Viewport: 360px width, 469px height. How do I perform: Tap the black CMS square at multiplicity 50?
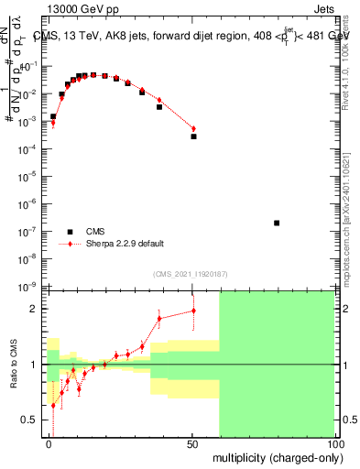[193, 136]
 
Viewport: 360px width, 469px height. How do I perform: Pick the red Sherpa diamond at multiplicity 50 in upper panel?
[193, 128]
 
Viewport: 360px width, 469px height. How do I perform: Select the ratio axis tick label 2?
[35, 309]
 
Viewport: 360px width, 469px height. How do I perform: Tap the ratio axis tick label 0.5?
[30, 420]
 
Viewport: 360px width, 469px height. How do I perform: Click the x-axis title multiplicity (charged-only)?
[274, 456]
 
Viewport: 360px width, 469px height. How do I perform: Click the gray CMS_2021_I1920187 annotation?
[191, 274]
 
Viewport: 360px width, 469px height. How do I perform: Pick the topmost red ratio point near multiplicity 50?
[193, 311]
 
